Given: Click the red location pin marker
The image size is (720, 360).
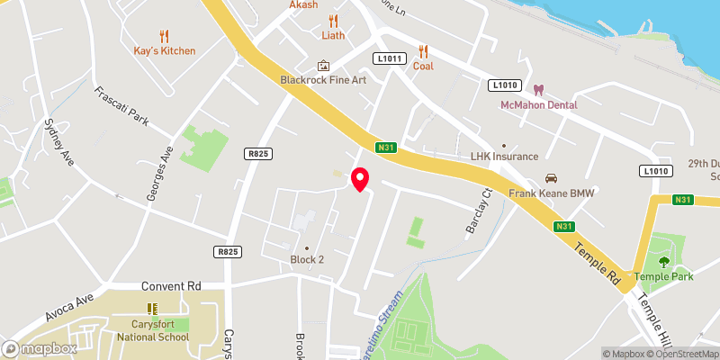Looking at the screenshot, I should [x=360, y=178].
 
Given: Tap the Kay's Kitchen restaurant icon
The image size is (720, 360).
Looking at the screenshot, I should [x=164, y=36].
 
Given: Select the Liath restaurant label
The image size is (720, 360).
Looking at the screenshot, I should [x=333, y=35].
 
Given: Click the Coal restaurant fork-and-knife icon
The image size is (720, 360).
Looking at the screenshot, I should [x=423, y=51].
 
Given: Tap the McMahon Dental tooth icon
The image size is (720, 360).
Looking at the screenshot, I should [x=539, y=90].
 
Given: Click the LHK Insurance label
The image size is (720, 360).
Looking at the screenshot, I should [x=504, y=157].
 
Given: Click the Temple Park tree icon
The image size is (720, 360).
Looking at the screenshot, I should [x=664, y=262].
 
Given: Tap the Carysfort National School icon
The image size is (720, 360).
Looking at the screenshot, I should [x=152, y=309].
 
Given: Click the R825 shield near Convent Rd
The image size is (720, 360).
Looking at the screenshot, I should [x=227, y=253].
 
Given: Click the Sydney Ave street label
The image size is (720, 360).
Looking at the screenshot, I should [x=56, y=140].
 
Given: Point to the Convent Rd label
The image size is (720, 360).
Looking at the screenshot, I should [x=170, y=286].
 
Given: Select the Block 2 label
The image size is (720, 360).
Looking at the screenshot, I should [x=308, y=259].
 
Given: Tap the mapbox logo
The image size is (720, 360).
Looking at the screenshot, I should [x=40, y=348].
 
